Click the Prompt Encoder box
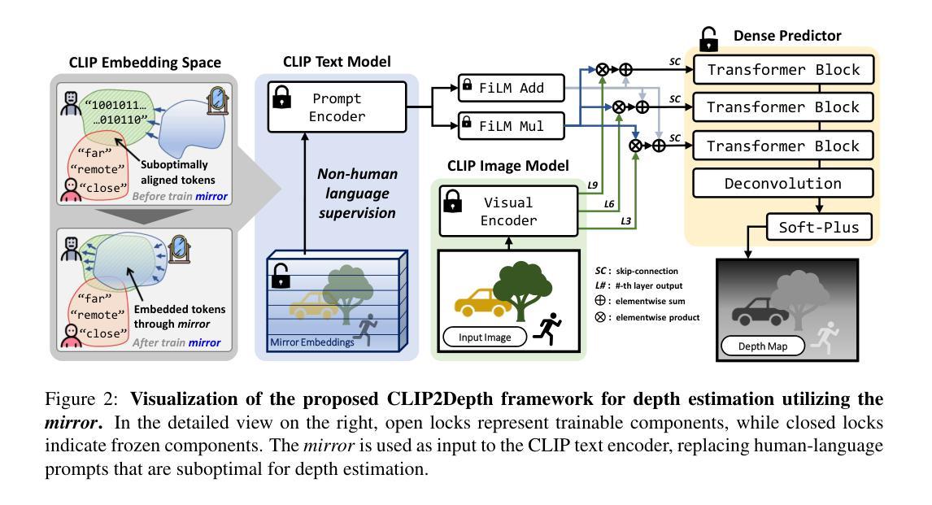pos(337,107)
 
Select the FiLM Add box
pos(512,88)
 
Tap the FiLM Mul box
pos(512,126)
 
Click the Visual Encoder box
pos(509,211)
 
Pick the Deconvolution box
pos(783,183)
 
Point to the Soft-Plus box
pos(819,227)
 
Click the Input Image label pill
pos(485,337)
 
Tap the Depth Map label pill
pos(763,346)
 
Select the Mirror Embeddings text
pos(312,342)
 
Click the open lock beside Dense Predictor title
pos(708,38)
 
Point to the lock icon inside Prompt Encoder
pos(281,97)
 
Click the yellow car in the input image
pos(482,303)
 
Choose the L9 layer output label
pos(593,185)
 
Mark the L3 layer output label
pos(626,221)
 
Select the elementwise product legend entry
pos(647,317)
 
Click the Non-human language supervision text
pos(357,193)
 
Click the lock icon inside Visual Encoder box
pos(453,201)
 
